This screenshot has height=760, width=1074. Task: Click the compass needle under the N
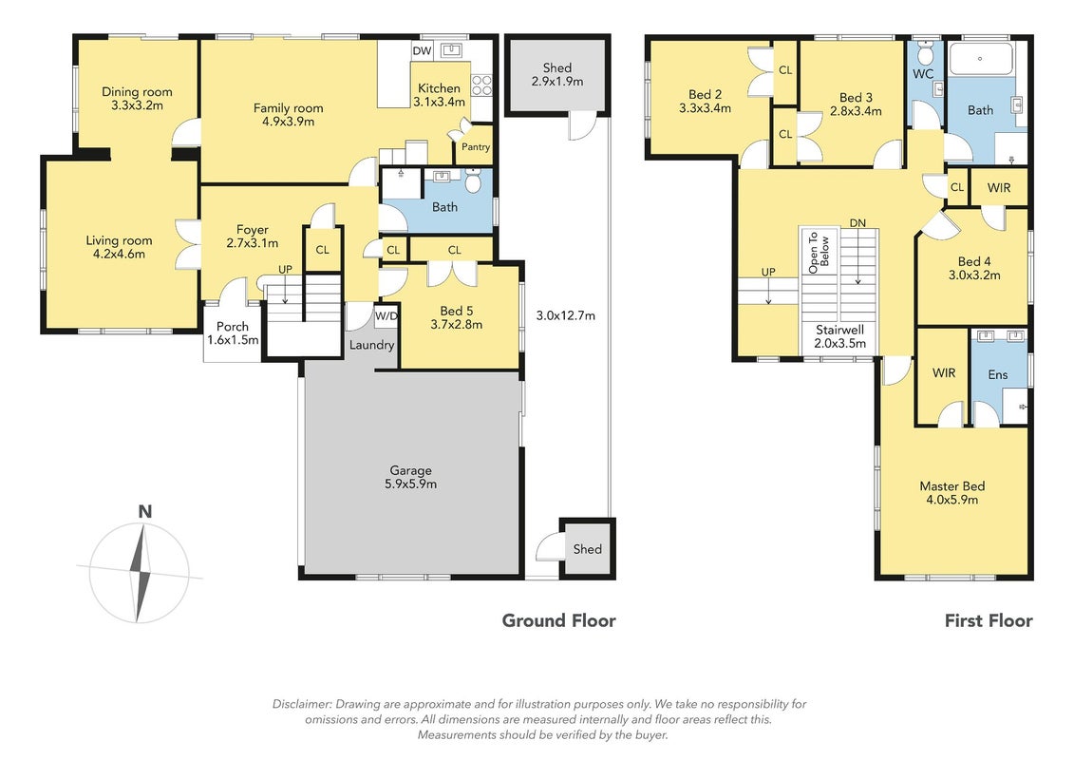141,572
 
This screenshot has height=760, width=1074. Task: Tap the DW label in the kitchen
422,50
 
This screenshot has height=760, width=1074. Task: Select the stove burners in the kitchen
482,85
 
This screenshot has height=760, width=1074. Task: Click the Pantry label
476,146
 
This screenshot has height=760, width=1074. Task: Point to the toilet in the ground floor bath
473,180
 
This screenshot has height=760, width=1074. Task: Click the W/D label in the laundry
386,316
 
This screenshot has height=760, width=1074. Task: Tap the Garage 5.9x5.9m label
411,477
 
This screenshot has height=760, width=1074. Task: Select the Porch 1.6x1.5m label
233,333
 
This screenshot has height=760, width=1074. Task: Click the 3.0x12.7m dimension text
566,316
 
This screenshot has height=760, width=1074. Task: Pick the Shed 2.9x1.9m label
556,74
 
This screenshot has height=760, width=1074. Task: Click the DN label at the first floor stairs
857,222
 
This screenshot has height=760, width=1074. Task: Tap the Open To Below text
820,252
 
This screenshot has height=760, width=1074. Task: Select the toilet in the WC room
925,53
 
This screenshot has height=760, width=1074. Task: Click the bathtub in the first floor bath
980,59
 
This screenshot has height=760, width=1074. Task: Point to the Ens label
998,374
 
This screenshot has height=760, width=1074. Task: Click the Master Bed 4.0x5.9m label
952,492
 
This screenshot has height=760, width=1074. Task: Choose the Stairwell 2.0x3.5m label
839,336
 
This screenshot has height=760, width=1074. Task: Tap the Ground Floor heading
559,621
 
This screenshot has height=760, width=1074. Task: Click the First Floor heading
989,621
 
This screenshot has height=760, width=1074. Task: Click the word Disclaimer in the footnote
302,704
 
